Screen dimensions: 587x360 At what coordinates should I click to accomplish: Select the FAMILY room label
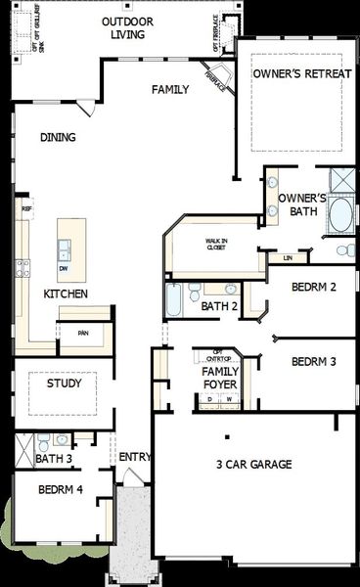[x=170, y=90]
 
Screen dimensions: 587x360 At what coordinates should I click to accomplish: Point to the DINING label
[x=58, y=138]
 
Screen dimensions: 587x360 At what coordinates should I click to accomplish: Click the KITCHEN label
[x=66, y=293]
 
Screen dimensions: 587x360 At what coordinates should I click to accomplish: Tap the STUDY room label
[x=64, y=383]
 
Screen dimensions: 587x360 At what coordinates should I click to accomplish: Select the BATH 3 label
[x=54, y=458]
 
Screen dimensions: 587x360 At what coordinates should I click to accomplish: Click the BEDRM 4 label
[x=59, y=489]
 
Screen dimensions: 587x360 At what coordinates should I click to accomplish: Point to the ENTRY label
[x=134, y=457]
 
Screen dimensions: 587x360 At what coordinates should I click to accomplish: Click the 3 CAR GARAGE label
[x=254, y=465]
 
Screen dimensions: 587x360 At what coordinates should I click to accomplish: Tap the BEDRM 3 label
[x=314, y=361]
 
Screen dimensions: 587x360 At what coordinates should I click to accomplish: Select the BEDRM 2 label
[x=314, y=287]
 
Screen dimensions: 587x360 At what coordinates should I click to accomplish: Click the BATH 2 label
[x=219, y=306]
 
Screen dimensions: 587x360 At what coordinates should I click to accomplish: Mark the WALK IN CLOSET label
[x=215, y=244]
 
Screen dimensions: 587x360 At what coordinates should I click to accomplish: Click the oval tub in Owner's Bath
[x=341, y=214]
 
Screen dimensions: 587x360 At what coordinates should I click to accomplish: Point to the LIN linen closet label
[x=288, y=258]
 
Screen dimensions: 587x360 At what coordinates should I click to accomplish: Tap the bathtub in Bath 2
[x=174, y=301]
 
